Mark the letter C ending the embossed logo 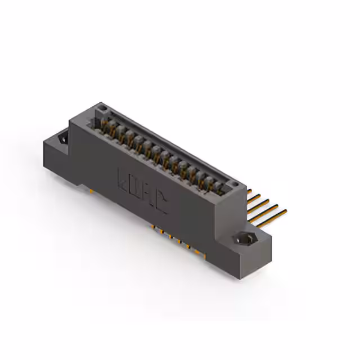tap(161, 203)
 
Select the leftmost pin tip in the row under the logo tap(152, 227)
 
